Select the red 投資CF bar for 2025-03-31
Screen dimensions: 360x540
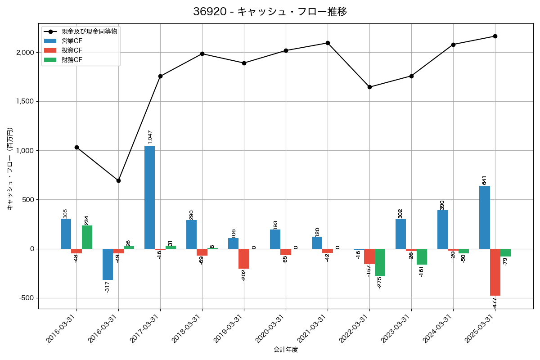[x=495, y=272]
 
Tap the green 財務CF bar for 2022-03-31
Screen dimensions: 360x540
[x=380, y=262]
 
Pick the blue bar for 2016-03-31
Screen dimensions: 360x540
[x=108, y=265]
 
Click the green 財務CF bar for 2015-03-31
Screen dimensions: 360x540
[x=87, y=237]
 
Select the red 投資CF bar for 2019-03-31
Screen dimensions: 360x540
[x=244, y=259]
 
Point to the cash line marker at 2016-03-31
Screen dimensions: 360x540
[x=118, y=180]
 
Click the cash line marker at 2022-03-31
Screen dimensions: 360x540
[x=369, y=87]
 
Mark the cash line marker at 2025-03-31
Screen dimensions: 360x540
[x=495, y=36]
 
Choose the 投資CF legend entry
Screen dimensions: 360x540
[x=72, y=50]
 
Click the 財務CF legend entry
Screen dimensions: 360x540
[x=72, y=59]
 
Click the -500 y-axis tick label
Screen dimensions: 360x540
[x=27, y=298]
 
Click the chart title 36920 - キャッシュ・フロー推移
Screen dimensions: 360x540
[x=270, y=12]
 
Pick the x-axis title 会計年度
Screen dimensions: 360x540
[x=286, y=350]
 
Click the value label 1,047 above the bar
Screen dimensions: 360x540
[x=150, y=137]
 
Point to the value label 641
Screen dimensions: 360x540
[x=485, y=180]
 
